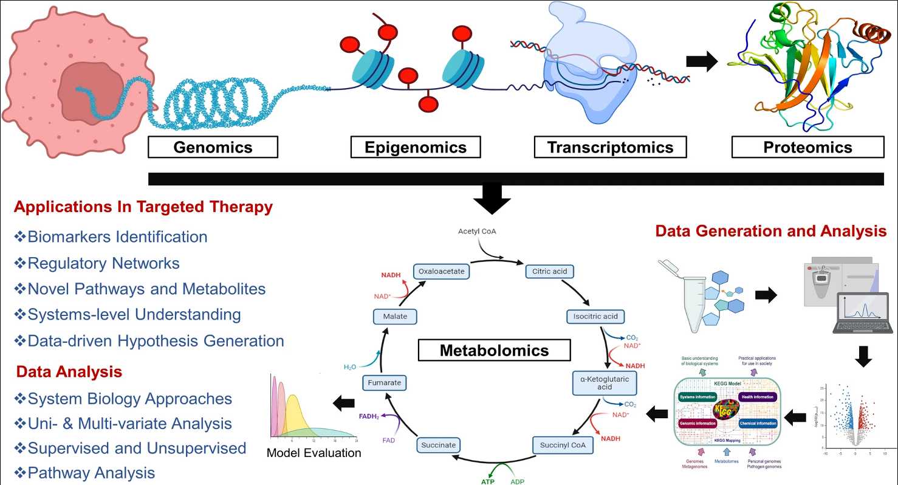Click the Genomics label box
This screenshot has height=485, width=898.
pos(213,147)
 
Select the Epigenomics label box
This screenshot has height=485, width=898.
pos(416,147)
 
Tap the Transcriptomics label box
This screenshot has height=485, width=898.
pos(610,147)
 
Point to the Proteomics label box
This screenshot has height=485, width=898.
pos(807,147)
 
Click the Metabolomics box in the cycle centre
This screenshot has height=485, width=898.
pos(494,350)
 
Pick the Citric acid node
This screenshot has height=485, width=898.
pos(549,271)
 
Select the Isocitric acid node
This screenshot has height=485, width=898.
pos(595,316)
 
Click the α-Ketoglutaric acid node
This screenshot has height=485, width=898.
pos(605,382)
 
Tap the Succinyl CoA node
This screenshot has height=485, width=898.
pos(563,445)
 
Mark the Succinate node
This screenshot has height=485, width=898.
pos(438,445)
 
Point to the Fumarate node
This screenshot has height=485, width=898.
pos(383,383)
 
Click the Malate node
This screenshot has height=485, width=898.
pos(395,316)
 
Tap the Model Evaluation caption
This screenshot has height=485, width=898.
pos(314,453)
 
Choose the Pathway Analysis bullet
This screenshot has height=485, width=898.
pos(91,472)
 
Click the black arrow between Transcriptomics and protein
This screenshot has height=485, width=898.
pos(701,61)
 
